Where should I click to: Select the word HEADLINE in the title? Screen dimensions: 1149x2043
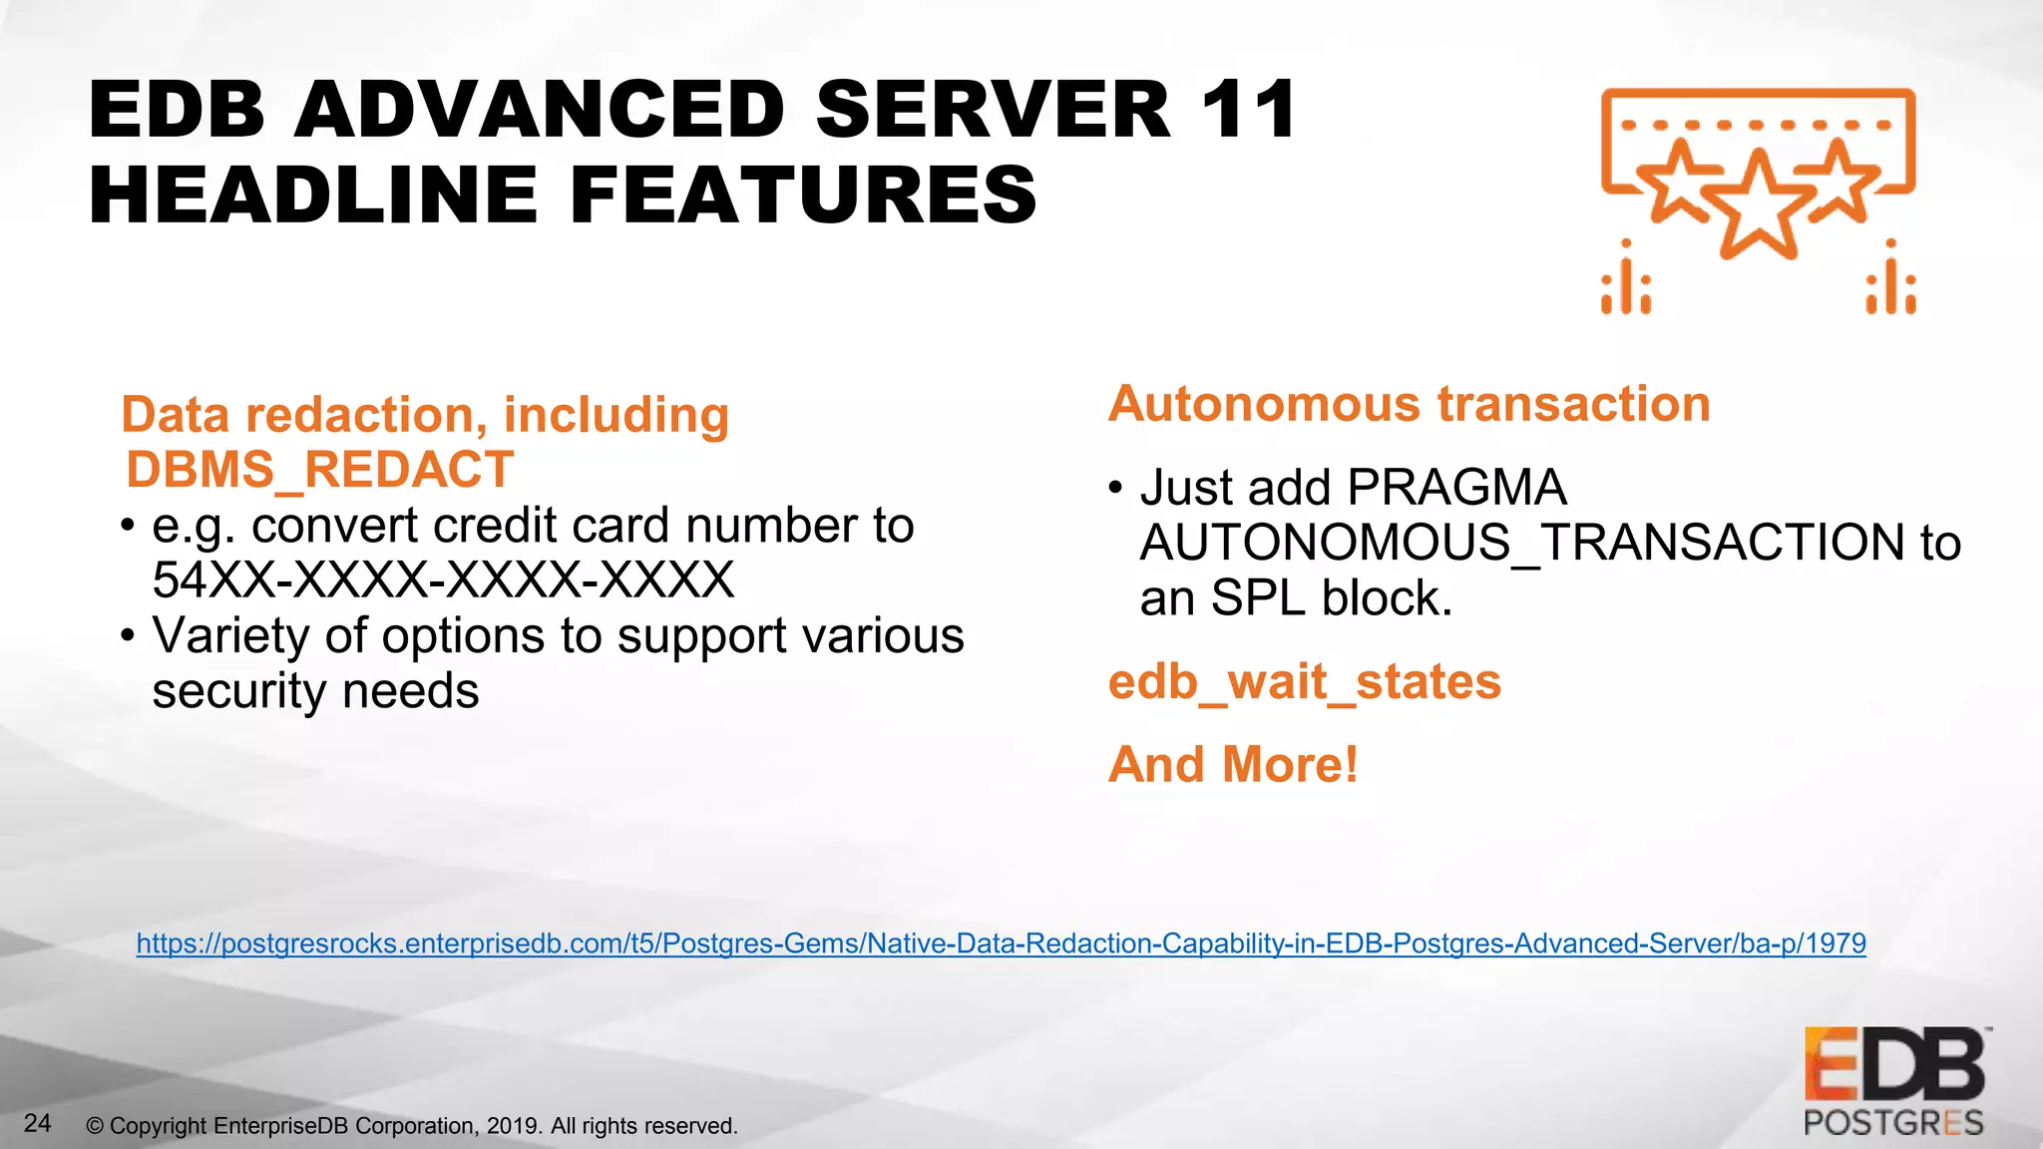click(x=314, y=195)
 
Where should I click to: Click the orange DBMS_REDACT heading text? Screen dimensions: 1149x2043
click(x=319, y=470)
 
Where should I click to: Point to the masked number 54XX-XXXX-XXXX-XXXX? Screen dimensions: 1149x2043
click(x=443, y=579)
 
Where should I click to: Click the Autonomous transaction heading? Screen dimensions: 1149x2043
click(x=1409, y=404)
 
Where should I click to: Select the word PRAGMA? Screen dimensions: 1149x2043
click(x=1456, y=488)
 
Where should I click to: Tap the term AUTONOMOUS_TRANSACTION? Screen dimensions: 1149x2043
click(x=1522, y=543)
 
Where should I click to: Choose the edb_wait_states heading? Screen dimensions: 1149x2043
click(x=1304, y=682)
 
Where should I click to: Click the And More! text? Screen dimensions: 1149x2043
click(x=1233, y=765)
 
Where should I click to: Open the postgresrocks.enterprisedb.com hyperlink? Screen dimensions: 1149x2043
click(x=1001, y=944)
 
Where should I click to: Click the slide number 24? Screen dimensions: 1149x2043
click(x=38, y=1123)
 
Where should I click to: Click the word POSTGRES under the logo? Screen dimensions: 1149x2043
click(x=1893, y=1123)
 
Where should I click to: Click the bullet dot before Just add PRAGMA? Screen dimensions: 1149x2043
click(x=1116, y=489)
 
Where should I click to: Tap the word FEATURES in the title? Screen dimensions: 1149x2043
click(x=803, y=195)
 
